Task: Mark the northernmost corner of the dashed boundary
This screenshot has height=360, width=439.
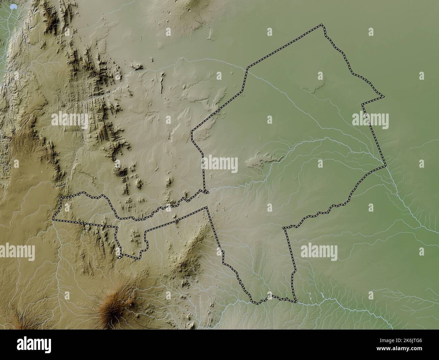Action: (321, 25)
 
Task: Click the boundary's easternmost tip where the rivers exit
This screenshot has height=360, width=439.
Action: (385, 166)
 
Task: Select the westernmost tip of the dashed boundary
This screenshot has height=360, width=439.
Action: (54, 220)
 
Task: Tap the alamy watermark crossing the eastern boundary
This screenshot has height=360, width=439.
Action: (370, 120)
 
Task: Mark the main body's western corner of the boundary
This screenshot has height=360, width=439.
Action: (192, 131)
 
